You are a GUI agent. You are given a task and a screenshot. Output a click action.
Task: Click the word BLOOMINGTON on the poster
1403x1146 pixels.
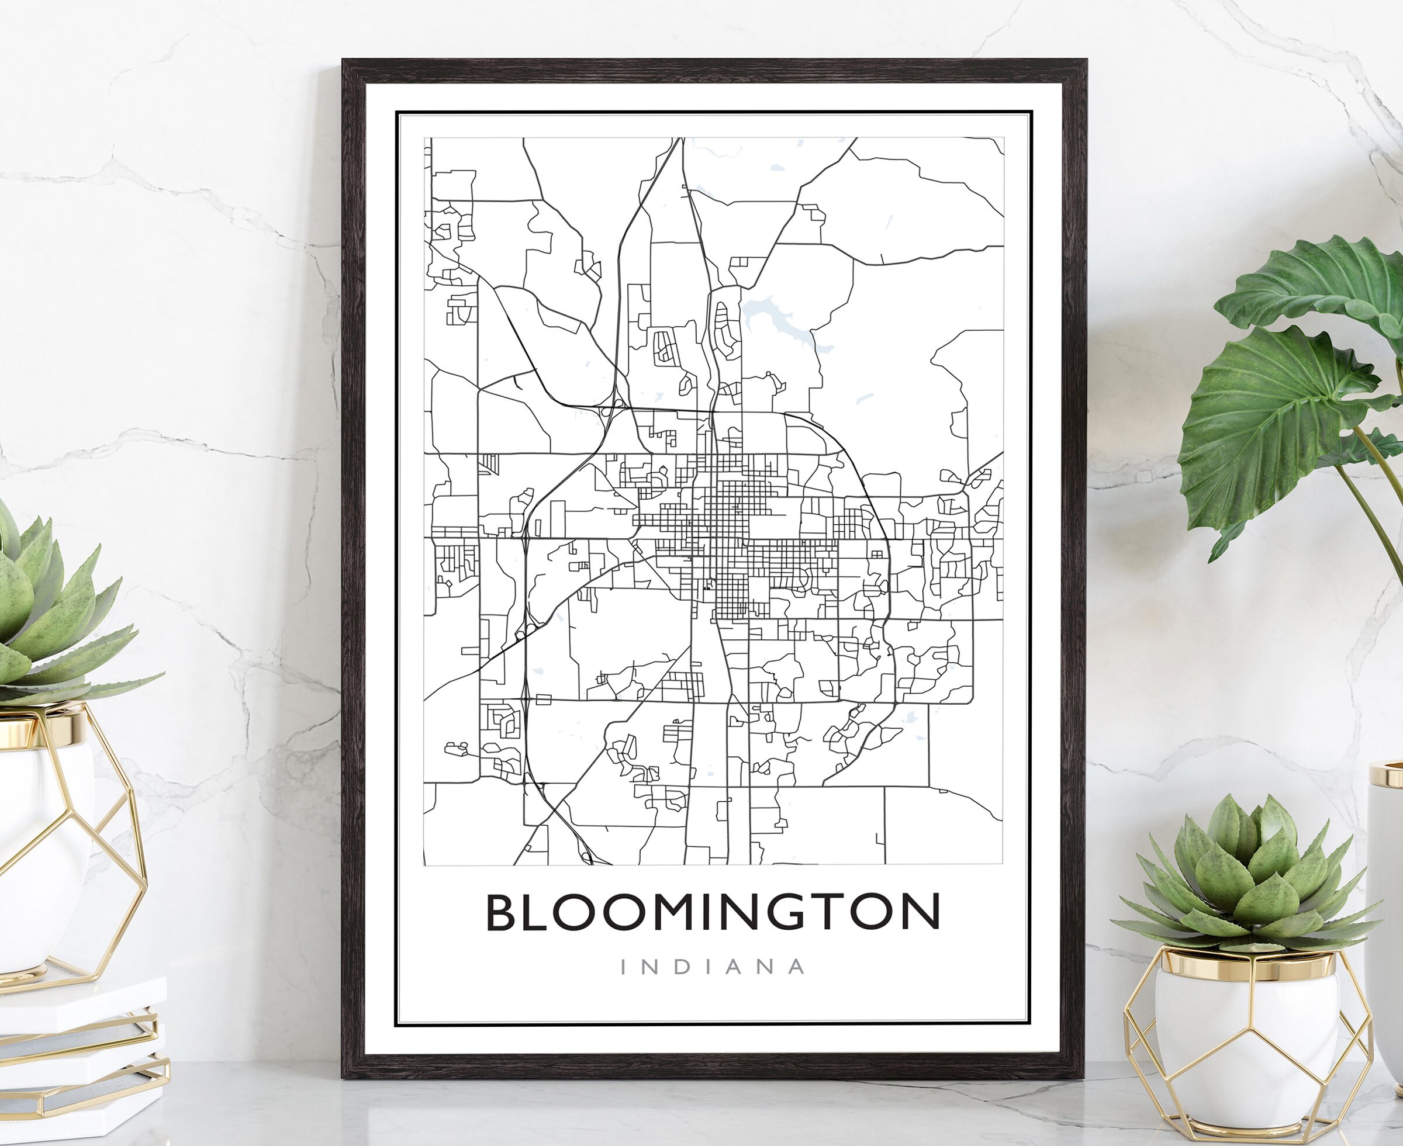pos(713,912)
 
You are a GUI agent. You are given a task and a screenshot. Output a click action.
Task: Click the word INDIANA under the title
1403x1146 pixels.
pos(713,967)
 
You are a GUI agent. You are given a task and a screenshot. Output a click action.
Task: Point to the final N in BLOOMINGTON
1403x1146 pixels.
pos(920,912)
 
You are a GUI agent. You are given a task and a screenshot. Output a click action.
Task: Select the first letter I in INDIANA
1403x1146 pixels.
pos(624,967)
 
